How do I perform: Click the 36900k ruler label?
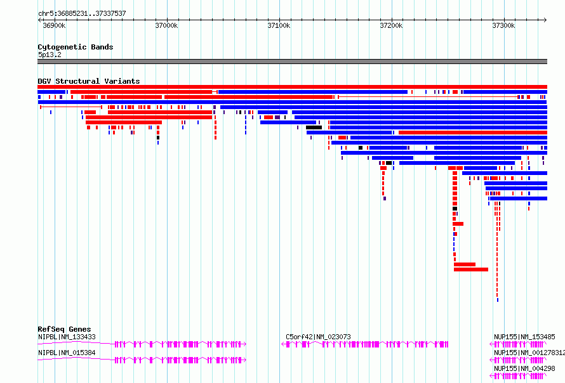[54, 25]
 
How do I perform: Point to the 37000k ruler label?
[166, 25]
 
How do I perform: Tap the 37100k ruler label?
[279, 25]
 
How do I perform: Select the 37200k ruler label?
[391, 25]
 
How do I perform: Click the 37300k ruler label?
[504, 25]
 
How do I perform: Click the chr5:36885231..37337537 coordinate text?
[82, 13]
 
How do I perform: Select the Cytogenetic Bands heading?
[76, 47]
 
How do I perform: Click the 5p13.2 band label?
[50, 55]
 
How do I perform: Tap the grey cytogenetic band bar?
[292, 62]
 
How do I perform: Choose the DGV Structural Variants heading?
[89, 81]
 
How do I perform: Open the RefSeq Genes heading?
[64, 329]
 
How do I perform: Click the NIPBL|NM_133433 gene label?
[67, 337]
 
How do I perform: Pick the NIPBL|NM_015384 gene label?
[67, 353]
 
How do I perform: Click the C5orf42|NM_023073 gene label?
[318, 337]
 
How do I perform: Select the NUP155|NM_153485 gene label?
[524, 337]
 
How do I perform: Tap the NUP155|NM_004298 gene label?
[524, 368]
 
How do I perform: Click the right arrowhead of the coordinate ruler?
[545, 20]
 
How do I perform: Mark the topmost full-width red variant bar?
[292, 87]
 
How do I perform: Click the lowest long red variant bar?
[471, 269]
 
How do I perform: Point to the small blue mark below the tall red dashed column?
[498, 300]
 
